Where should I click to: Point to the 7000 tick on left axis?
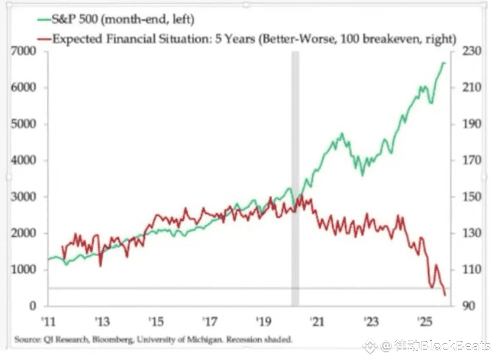pos(26,51)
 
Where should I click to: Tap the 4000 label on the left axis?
pos(26,160)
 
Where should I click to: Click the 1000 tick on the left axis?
pos(26,270)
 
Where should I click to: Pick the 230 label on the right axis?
pos(470,51)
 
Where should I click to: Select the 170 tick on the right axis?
pos(470,160)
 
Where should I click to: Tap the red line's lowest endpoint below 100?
pos(444,296)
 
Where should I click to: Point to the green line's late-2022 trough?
pos(362,174)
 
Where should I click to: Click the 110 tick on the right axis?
pos(470,270)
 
